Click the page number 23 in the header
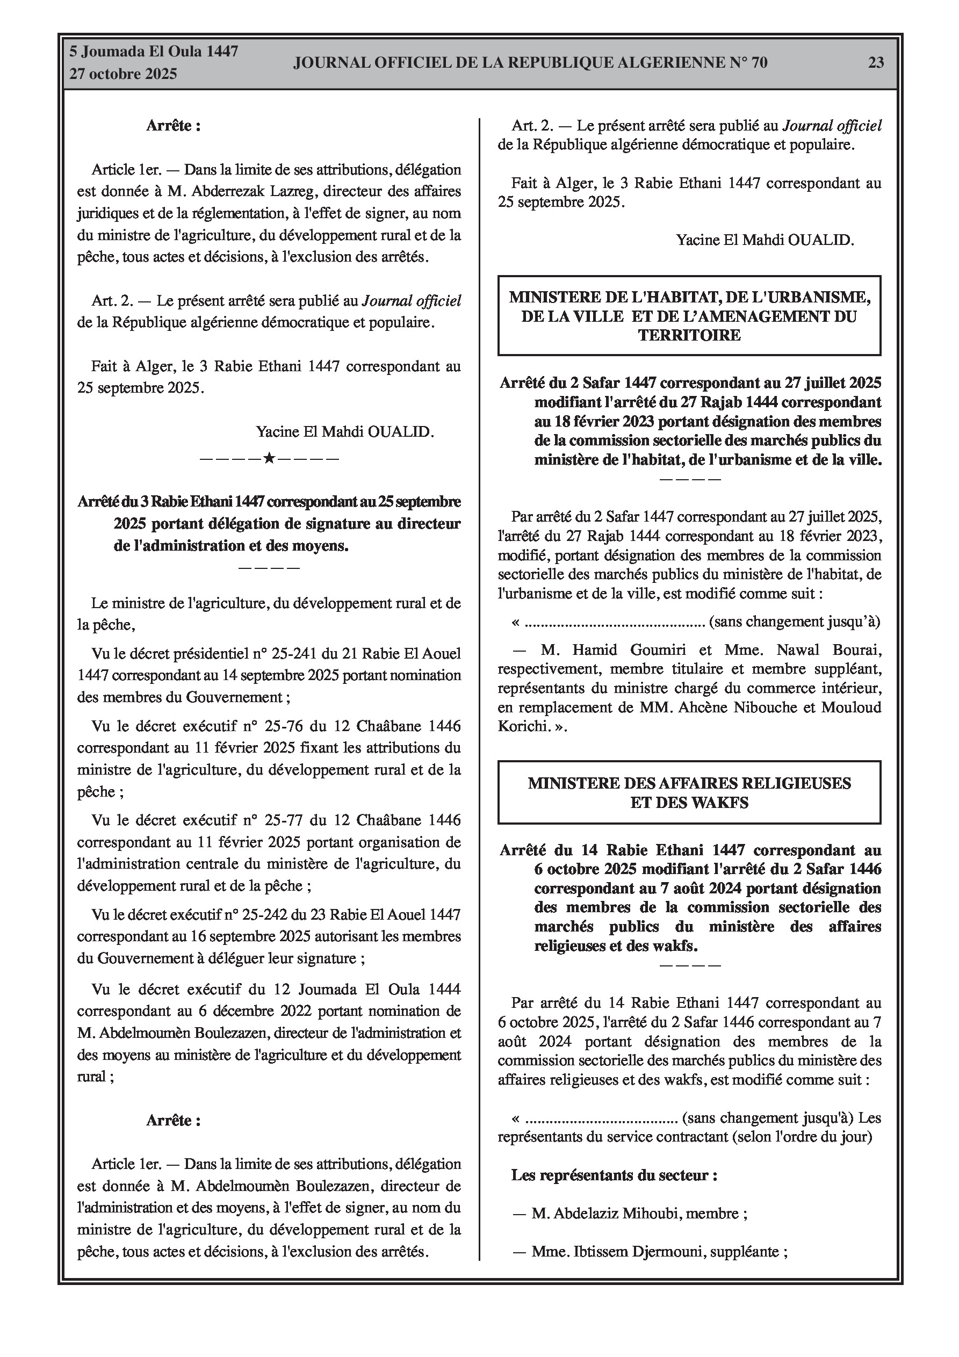(x=876, y=63)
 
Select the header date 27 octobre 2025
(x=123, y=74)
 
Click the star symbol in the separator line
(x=269, y=458)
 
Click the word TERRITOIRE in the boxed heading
(x=689, y=336)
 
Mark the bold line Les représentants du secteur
(x=614, y=1175)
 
